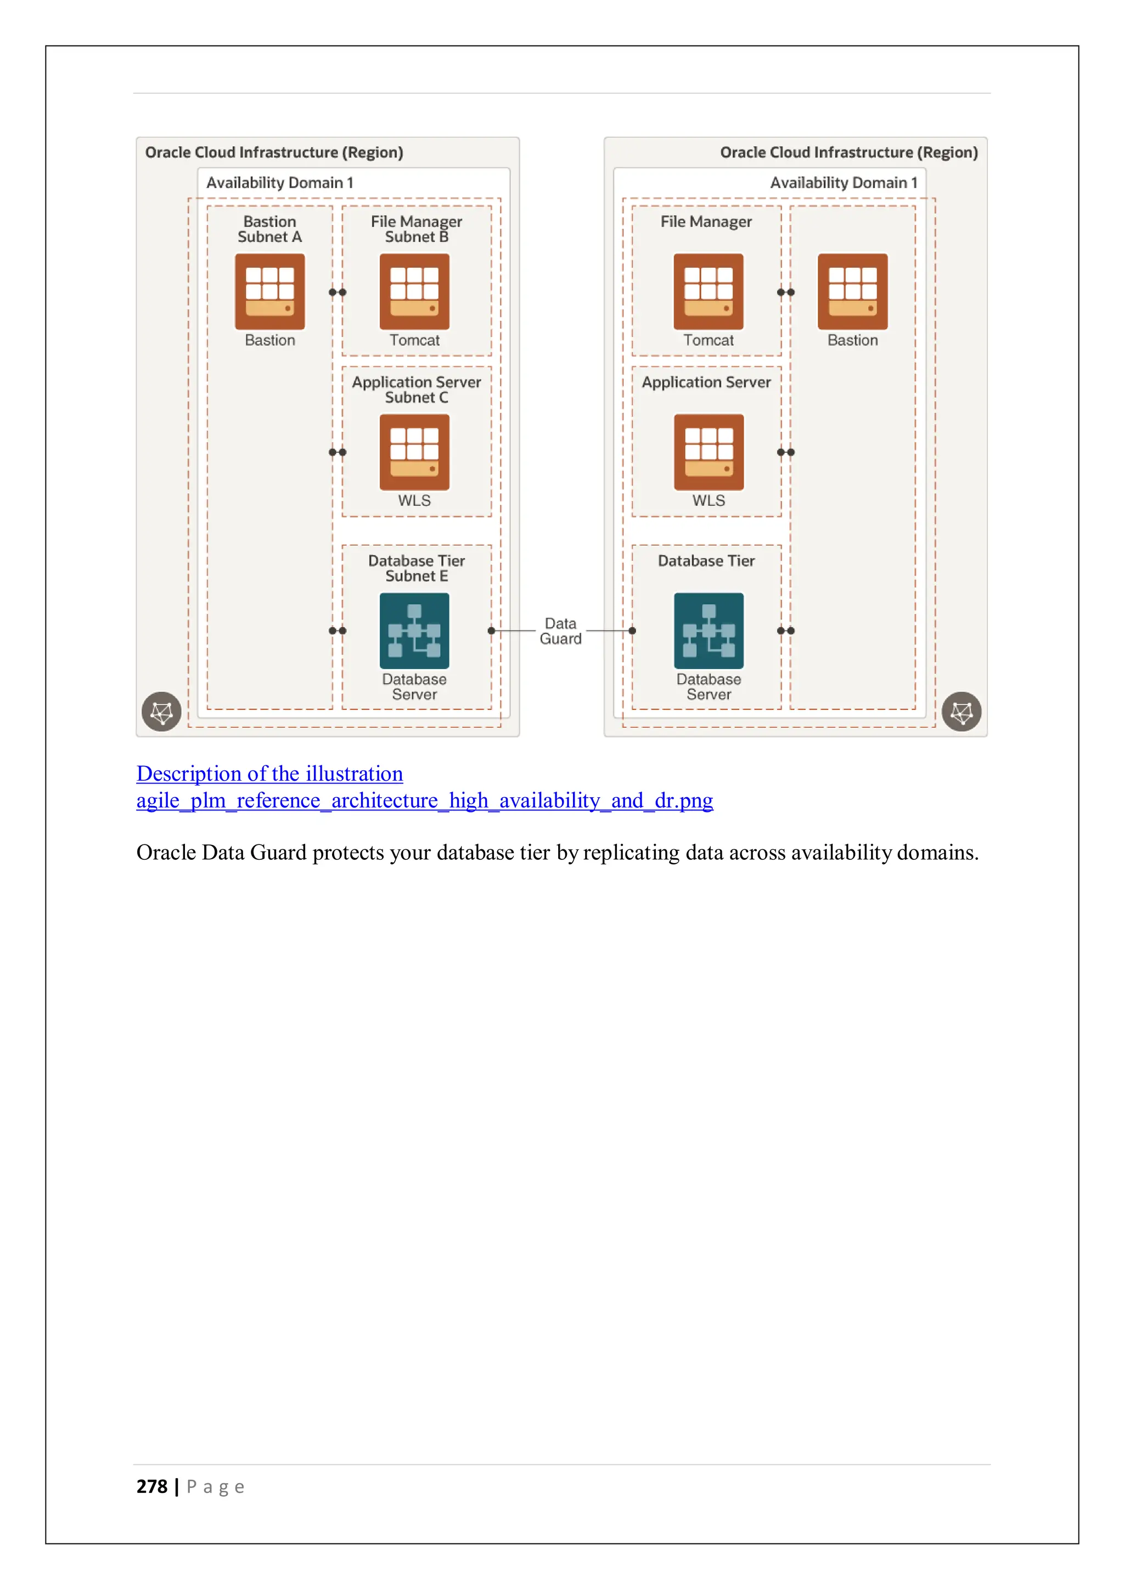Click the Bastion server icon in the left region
pyautogui.click(x=269, y=291)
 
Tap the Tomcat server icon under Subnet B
pyautogui.click(x=414, y=291)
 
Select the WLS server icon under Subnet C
pyautogui.click(x=414, y=452)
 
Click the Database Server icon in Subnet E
pyautogui.click(x=414, y=630)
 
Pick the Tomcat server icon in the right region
pyautogui.click(x=708, y=291)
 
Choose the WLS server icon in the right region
pyautogui.click(x=708, y=452)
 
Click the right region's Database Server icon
pyautogui.click(x=708, y=630)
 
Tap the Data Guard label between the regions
pyautogui.click(x=560, y=631)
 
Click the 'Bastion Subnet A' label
pyautogui.click(x=269, y=229)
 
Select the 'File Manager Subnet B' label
pyautogui.click(x=416, y=229)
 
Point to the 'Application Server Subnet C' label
pyautogui.click(x=416, y=390)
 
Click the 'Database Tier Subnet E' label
pyautogui.click(x=416, y=568)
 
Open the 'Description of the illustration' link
pyautogui.click(x=269, y=774)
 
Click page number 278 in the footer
pyautogui.click(x=151, y=1486)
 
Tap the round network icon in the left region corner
pyautogui.click(x=161, y=712)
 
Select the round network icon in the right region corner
pyautogui.click(x=962, y=712)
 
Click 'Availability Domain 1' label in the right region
pyautogui.click(x=843, y=183)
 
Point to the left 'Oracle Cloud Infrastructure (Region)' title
pyautogui.click(x=273, y=152)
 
